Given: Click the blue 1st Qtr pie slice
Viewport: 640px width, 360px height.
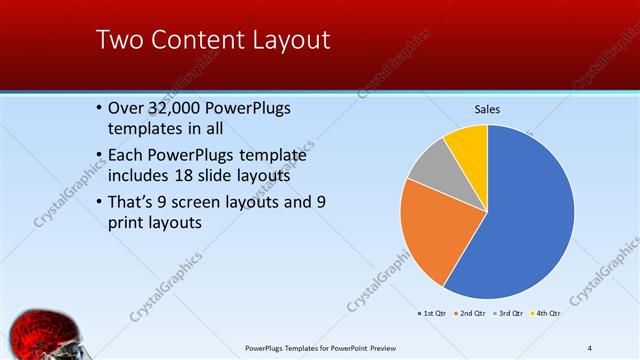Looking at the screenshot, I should coord(530,215).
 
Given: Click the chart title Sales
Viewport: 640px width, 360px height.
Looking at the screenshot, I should coord(487,109).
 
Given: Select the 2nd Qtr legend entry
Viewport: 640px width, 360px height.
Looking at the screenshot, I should coord(472,314).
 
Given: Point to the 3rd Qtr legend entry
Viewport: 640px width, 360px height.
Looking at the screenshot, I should coord(510,314).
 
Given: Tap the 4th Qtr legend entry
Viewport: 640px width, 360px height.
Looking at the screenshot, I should coord(547,314).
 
